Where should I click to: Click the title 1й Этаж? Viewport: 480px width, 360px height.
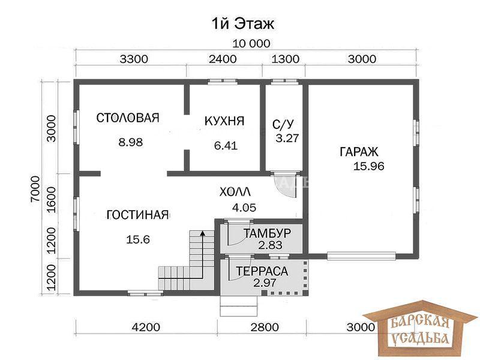coord(243,24)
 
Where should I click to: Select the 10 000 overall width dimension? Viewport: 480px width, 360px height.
coord(251,44)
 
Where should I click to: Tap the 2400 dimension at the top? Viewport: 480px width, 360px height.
coord(223,59)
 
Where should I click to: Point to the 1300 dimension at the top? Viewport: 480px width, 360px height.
coord(286,59)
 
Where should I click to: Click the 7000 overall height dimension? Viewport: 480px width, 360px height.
coord(35,189)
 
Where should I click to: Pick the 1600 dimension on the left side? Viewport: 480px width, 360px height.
coord(51,200)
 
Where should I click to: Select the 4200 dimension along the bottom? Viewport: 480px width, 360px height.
coord(146,327)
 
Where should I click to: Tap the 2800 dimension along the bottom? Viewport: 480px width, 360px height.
coord(265,327)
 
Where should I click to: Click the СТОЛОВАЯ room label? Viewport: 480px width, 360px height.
coord(128,118)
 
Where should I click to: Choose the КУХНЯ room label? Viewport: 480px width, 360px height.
coord(224,121)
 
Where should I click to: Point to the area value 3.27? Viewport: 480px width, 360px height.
coord(287,138)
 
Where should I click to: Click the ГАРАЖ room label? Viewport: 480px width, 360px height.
coord(359,152)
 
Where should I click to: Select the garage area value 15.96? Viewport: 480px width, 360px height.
coord(369,166)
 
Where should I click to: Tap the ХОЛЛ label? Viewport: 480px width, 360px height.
coord(235,192)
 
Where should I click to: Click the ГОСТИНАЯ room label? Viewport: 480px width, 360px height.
coord(138,215)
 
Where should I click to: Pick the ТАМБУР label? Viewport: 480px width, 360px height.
coord(267,233)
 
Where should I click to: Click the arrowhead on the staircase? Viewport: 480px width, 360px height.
coord(202,234)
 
